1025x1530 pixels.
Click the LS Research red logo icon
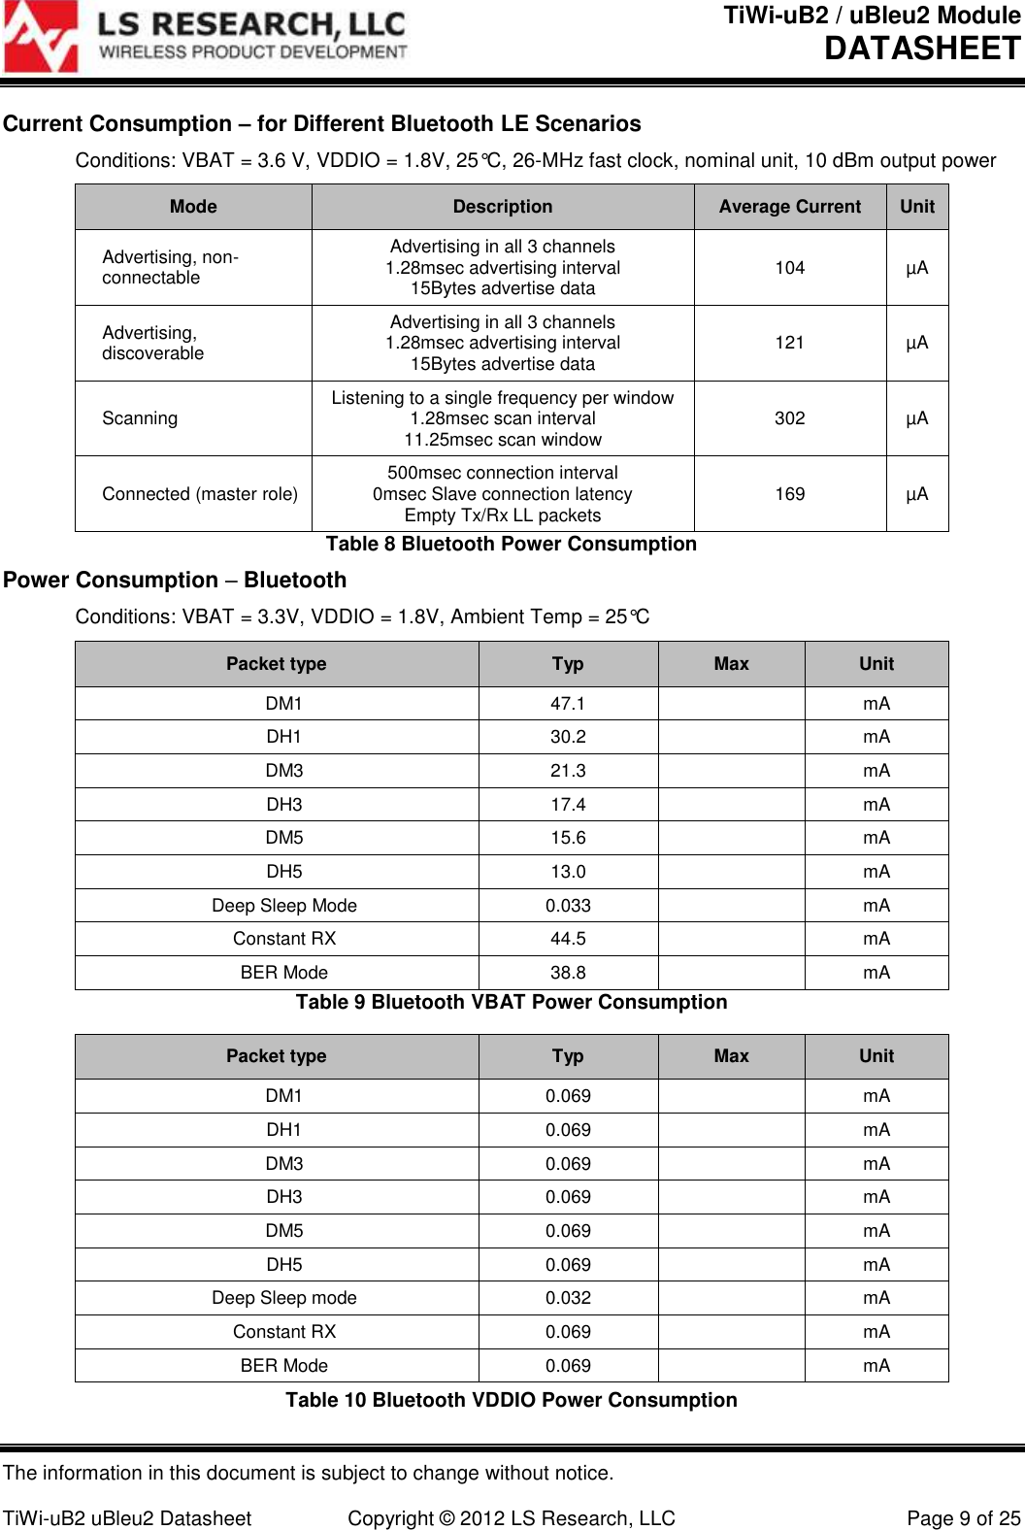click(41, 37)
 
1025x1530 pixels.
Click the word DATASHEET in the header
click(922, 49)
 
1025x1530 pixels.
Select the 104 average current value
click(789, 268)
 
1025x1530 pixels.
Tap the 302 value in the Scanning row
click(789, 418)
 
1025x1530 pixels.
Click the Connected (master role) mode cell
click(200, 494)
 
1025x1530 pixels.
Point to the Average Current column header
click(789, 207)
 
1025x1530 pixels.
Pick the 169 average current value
click(789, 494)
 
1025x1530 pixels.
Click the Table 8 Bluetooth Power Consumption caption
click(511, 544)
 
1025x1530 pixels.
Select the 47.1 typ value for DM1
click(568, 704)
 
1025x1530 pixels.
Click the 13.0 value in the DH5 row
click(568, 872)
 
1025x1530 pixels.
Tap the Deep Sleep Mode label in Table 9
click(284, 906)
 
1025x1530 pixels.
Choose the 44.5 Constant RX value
click(568, 939)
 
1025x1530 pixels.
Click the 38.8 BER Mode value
click(568, 973)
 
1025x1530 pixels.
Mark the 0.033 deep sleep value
click(568, 906)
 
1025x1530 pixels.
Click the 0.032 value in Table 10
click(568, 1298)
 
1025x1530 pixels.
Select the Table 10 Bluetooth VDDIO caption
click(511, 1400)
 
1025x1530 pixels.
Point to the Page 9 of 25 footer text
click(963, 1518)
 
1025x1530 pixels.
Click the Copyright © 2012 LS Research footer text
click(512, 1518)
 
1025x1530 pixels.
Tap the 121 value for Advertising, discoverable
click(789, 343)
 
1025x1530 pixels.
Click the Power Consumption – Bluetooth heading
click(175, 581)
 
